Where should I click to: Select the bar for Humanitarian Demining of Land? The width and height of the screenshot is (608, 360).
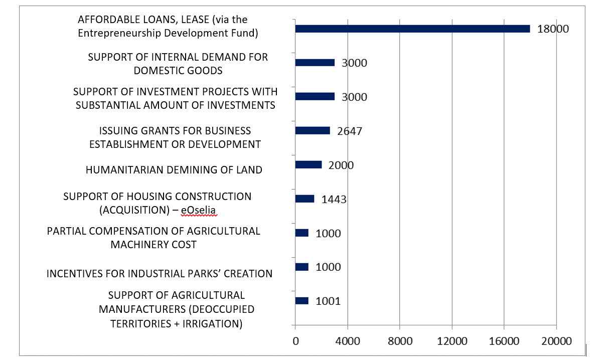309,164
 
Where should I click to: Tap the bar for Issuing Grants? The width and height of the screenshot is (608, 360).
313,130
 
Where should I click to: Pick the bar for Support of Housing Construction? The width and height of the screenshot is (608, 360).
305,199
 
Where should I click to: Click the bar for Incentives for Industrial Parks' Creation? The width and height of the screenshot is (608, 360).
302,267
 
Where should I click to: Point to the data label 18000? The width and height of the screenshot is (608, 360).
553,29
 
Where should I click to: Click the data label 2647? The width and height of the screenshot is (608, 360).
350,131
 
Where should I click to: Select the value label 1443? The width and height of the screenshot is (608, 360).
334,200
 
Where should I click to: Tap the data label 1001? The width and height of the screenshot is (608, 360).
328,301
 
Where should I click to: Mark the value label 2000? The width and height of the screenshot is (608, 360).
341,165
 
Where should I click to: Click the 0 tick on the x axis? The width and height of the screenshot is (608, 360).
295,341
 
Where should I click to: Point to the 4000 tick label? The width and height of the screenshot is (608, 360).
348,341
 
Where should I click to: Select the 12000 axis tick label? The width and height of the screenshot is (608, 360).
452,341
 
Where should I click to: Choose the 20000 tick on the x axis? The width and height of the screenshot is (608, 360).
556,341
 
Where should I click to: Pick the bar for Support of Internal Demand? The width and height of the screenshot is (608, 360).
315,63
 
